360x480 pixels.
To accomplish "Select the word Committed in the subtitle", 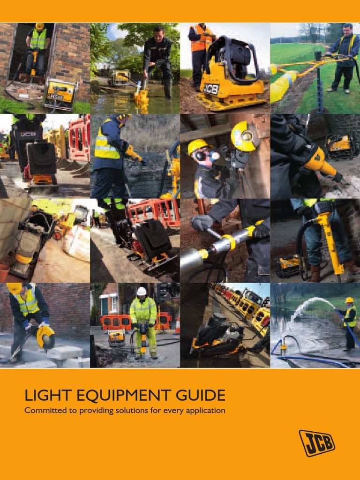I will pos(42,411).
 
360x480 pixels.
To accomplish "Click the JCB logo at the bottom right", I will pos(317,442).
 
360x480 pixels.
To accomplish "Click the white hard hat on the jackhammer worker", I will pos(142,291).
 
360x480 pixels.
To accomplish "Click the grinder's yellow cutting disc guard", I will pos(245,135).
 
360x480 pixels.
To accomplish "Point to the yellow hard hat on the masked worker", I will pos(196,146).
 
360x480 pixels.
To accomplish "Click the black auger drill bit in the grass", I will pos(320,84).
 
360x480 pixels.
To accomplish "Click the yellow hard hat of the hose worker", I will pos(349,300).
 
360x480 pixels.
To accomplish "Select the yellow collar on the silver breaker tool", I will pos(228,242).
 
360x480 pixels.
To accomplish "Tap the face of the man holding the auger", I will pos(346,31).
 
